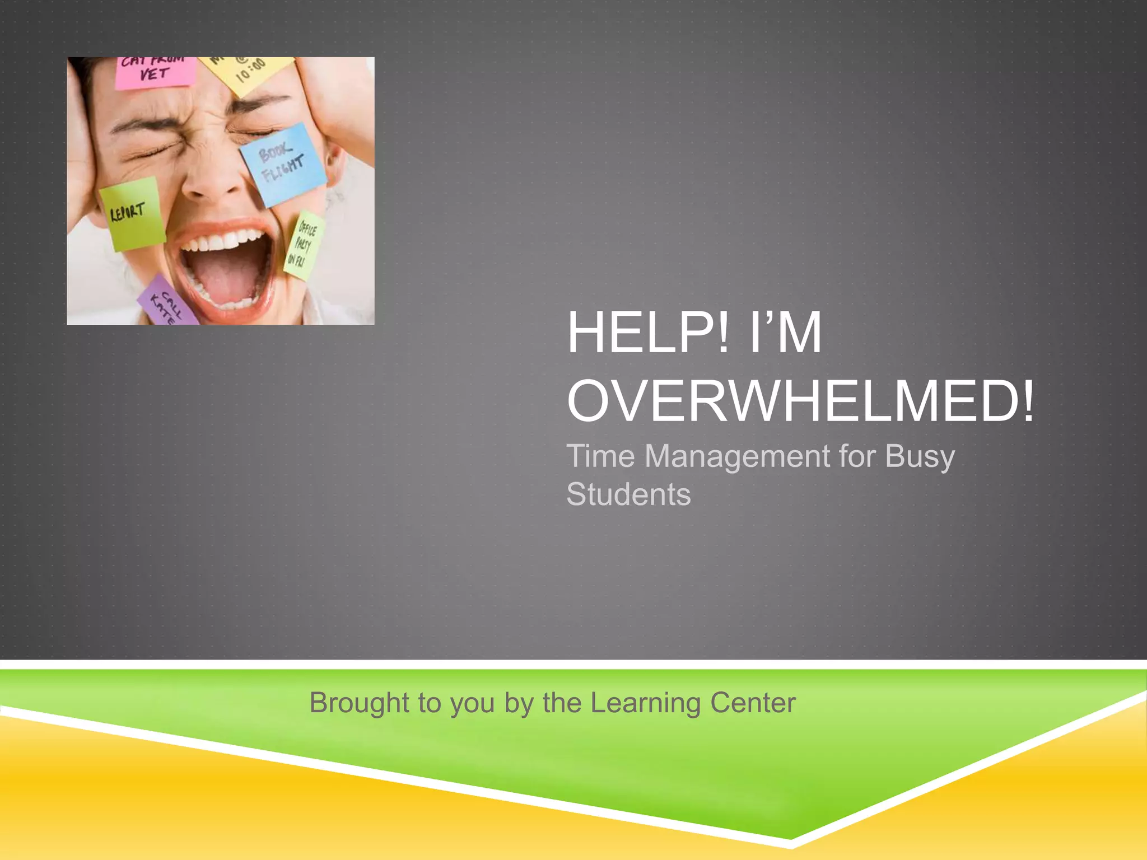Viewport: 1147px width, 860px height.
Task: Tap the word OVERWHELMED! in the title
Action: point(801,401)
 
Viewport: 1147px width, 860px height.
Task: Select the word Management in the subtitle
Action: point(737,456)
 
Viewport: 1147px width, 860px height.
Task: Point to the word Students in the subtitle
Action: point(628,494)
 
